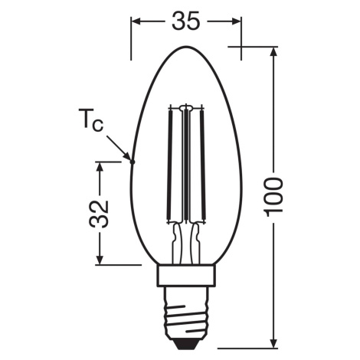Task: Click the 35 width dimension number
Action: click(x=185, y=21)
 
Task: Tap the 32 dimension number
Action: click(x=99, y=214)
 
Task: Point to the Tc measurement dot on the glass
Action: click(x=132, y=162)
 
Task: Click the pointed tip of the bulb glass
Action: click(x=186, y=47)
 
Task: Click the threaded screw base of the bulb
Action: click(x=185, y=312)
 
